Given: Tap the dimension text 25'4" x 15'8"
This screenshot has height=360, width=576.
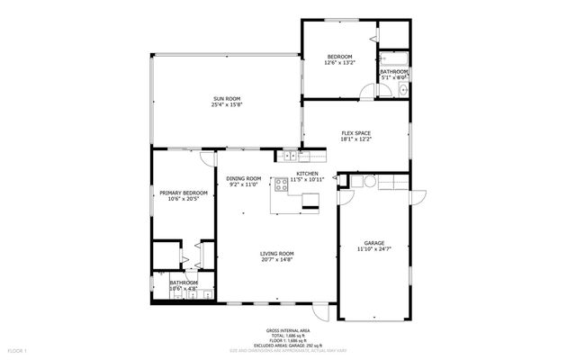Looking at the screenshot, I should point(226,105).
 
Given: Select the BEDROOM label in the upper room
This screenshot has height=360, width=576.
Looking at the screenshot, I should point(339,57).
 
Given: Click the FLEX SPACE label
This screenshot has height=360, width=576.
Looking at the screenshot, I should point(355,133).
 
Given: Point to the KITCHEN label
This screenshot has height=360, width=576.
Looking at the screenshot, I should point(308,173).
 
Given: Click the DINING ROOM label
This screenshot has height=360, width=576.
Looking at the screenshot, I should point(243,178).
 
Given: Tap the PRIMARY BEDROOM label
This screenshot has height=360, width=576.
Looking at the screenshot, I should point(184,193).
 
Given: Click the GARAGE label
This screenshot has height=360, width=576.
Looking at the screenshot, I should point(373,242).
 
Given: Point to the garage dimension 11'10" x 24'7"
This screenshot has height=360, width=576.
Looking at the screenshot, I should point(373,249).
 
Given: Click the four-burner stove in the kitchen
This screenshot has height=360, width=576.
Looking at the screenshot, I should point(281,185).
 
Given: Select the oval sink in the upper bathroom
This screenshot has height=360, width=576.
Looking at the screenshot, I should point(403,90).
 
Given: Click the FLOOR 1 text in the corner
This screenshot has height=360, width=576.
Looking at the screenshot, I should point(17,349).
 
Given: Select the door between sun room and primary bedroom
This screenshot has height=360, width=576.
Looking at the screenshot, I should point(207,157).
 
